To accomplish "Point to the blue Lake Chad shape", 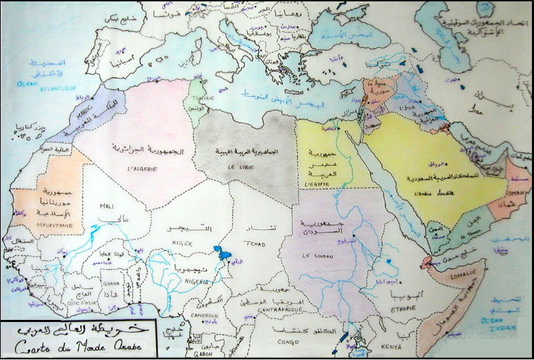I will click(x=222, y=254).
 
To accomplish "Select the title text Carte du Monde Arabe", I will click(x=82, y=344).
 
